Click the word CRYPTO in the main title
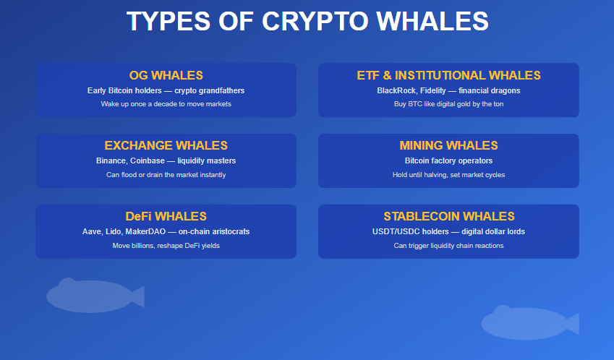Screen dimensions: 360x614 pos(315,22)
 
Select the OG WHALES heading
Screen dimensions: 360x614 pos(166,75)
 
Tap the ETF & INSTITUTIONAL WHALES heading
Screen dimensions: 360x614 pos(448,75)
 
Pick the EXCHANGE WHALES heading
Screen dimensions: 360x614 pos(166,146)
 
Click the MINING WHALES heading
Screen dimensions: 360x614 pos(448,146)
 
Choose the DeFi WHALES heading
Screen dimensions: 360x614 pos(166,216)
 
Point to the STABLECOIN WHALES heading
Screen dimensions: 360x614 pos(448,216)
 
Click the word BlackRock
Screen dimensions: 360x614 pos(396,91)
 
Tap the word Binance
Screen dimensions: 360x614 pos(113,160)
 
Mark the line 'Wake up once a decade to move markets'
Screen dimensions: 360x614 pos(166,104)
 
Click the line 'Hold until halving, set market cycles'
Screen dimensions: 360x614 pos(448,175)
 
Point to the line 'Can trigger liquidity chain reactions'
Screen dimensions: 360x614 pos(448,246)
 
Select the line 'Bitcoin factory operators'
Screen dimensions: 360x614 pos(448,160)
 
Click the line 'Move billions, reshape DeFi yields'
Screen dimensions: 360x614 pos(166,246)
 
